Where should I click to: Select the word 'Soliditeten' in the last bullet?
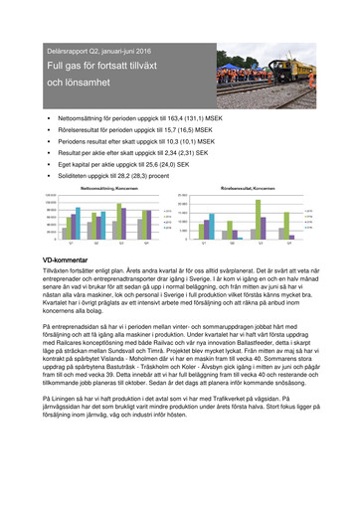(x=104, y=176)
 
